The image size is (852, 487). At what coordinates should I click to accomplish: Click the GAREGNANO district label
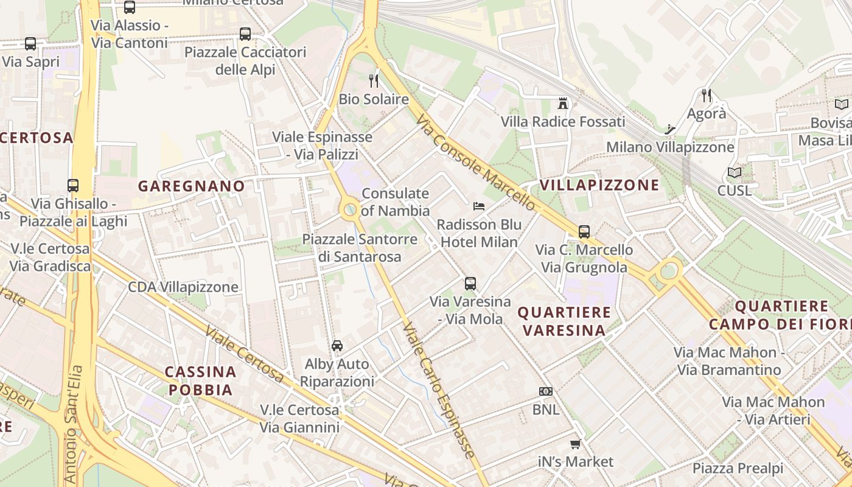pos(191,186)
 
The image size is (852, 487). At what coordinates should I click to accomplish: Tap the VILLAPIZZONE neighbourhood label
pos(599,185)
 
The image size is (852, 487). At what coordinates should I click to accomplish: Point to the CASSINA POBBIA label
pos(200,380)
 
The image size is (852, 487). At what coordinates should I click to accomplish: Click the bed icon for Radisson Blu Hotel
pos(479,207)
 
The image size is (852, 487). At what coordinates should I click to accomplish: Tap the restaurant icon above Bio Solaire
pos(374,80)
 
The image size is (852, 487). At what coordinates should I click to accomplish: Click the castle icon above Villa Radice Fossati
pos(563,103)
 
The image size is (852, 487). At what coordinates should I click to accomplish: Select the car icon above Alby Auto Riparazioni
pos(337,346)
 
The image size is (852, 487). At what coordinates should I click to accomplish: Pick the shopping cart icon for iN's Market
pos(575,444)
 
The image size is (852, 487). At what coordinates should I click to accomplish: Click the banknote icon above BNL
pos(545,391)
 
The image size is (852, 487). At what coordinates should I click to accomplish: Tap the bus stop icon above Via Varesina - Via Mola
pos(470,283)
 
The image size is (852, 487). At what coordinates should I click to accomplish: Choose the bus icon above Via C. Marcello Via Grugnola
pos(584,231)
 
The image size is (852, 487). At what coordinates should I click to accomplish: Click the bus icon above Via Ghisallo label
pos(73,186)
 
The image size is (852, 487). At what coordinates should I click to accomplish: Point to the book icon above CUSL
pos(735,173)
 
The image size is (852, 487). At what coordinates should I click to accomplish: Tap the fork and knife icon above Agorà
pos(706,96)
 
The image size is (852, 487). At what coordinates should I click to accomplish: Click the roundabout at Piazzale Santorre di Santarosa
pos(350,211)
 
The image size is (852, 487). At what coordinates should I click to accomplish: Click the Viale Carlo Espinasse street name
pos(438,390)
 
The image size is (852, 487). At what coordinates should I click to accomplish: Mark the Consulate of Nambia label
pos(395,202)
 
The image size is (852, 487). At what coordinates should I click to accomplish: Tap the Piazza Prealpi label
pos(738,468)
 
